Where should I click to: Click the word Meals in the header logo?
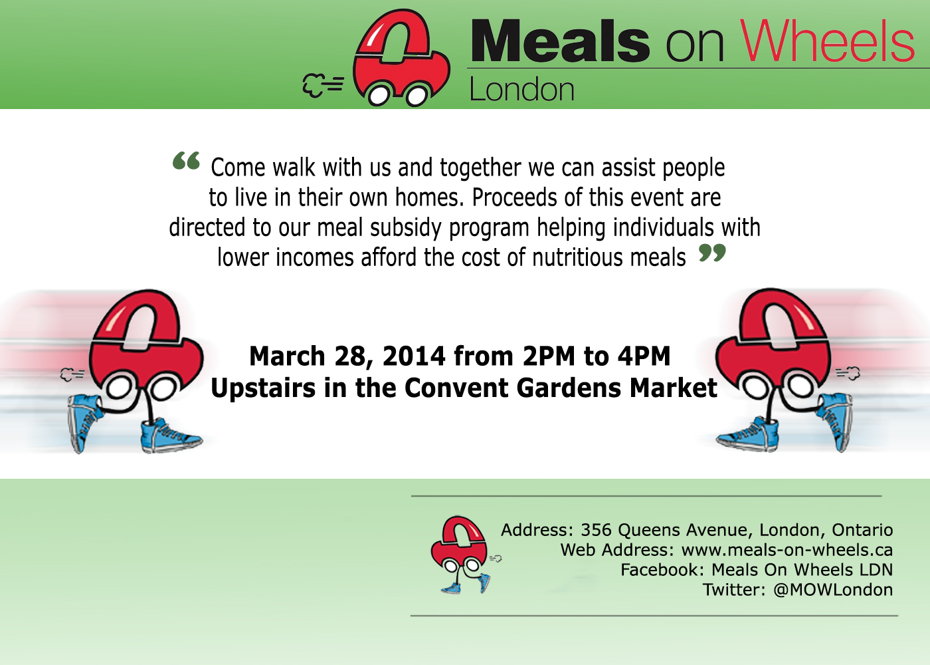(560, 41)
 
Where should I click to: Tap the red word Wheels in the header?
(828, 41)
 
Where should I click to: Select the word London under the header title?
(522, 89)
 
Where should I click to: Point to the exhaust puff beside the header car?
(323, 85)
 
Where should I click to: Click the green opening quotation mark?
(187, 160)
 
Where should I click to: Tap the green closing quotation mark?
(712, 252)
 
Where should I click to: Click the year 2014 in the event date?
(414, 356)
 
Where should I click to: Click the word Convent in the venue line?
(457, 388)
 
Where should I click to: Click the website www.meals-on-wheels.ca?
(787, 550)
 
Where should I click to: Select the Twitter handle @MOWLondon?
(833, 590)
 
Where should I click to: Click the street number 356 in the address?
(596, 530)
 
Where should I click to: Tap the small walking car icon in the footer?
(466, 555)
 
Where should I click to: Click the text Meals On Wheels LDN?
(802, 570)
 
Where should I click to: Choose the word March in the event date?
(287, 356)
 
